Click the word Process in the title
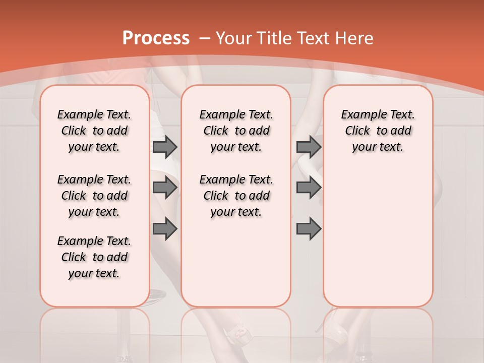[156, 38]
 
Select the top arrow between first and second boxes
[165, 147]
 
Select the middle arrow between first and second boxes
[165, 188]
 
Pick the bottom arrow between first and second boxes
[165, 229]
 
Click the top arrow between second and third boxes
[309, 147]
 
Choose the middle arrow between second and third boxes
[309, 188]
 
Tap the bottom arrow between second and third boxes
[309, 229]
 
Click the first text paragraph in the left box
[94, 131]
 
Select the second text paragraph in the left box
[94, 196]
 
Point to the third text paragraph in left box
[94, 257]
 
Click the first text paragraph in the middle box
[236, 131]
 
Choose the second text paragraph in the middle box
[236, 196]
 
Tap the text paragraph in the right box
[378, 131]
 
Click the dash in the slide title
[205, 38]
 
